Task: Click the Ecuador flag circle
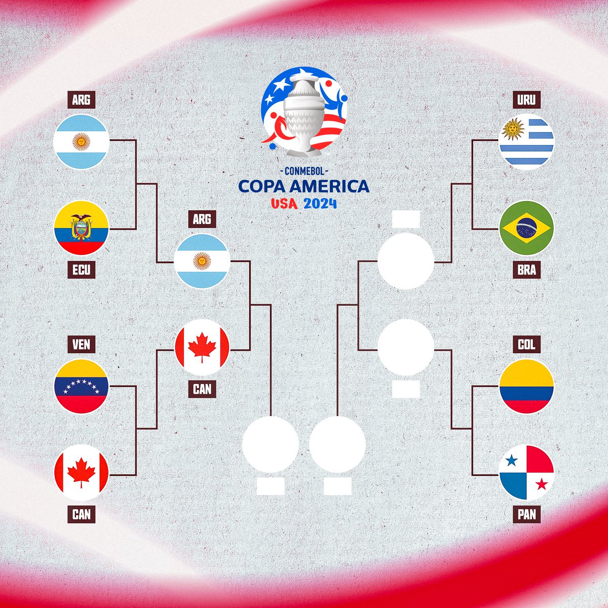81,228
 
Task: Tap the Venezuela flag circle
81,386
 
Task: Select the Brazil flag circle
526,228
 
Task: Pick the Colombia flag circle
526,386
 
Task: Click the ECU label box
81,270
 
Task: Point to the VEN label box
81,345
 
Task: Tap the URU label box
526,99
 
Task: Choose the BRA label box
526,270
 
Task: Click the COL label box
526,345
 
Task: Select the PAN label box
526,515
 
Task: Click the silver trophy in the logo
303,117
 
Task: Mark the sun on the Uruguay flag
513,130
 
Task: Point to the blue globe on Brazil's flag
526,228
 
